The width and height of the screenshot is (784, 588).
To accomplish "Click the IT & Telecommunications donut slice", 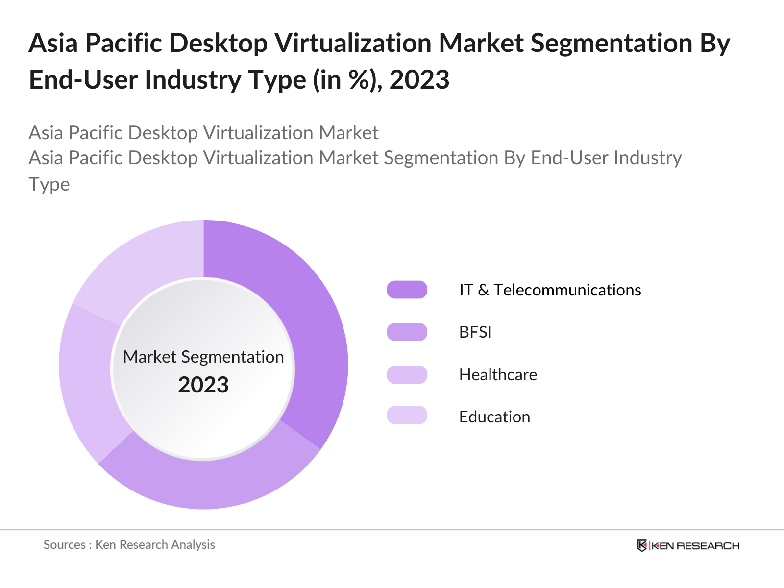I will [x=314, y=333].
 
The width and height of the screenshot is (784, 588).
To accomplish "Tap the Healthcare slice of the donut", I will [x=88, y=382].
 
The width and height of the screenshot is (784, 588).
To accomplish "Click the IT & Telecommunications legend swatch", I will [x=407, y=290].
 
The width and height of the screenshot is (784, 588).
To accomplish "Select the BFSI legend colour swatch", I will [x=407, y=332].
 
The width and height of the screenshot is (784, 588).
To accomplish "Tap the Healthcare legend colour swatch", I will [x=407, y=374].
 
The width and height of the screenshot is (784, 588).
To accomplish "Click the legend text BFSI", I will [x=475, y=332].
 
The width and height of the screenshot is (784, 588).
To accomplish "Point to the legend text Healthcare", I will [x=498, y=375].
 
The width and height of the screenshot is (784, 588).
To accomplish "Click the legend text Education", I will [x=494, y=417].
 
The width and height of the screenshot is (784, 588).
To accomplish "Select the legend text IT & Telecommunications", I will [x=550, y=290].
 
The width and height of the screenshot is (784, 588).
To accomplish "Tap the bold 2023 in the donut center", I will [x=203, y=385].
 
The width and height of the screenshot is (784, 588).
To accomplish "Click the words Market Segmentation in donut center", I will [x=203, y=357].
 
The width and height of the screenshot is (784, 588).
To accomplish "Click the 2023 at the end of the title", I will [x=419, y=80].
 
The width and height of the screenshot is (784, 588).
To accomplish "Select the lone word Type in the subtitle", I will [x=49, y=184].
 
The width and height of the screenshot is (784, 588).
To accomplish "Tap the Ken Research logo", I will [x=688, y=545].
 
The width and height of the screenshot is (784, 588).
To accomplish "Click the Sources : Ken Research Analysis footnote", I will [x=129, y=545].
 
